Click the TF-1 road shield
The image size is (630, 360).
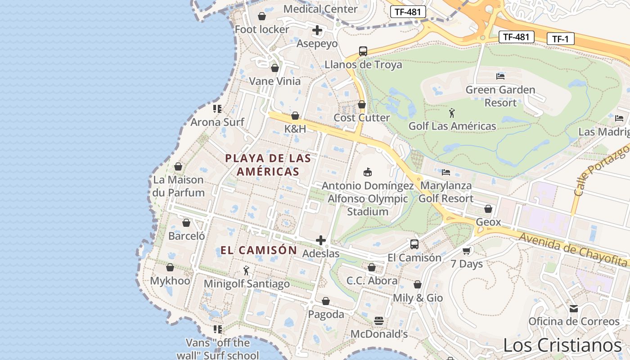coord(561,39)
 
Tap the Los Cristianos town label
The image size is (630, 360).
coord(562,346)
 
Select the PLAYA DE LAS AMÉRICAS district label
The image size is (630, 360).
coord(268,165)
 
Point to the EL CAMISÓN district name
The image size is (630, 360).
coord(259,250)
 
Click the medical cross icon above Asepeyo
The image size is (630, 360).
coord(317,31)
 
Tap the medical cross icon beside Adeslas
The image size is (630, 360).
coord(321,240)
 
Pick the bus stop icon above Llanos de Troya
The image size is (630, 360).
coord(363,51)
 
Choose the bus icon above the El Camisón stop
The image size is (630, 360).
coord(414,244)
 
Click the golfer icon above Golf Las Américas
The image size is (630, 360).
coord(452,112)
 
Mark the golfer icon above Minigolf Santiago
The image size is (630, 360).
coord(246,270)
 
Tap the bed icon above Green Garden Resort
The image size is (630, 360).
coord(500,76)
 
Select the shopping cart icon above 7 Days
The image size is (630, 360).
coord(467,251)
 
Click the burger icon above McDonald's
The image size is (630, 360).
coord(379,321)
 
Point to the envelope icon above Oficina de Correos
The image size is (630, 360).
coord(574,308)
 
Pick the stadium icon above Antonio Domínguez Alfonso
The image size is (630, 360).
coord(368,172)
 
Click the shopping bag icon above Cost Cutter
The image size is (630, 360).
coord(362,104)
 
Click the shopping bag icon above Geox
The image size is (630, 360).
coord(488,209)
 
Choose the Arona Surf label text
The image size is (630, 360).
coord(217,122)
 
